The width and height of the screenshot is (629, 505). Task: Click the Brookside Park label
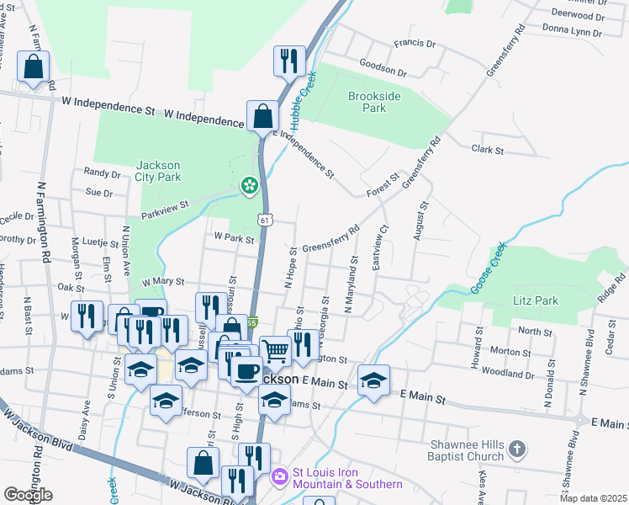coord(367,101)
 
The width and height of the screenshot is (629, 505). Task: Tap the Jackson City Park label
coord(158,171)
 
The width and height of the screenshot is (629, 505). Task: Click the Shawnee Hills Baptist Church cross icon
coord(517,449)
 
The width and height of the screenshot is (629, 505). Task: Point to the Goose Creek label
coord(489,269)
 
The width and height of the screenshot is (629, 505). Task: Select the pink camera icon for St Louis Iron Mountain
coord(280,477)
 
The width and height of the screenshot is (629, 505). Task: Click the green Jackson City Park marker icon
coord(249,185)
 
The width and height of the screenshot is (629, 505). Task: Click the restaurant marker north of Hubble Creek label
coord(288,61)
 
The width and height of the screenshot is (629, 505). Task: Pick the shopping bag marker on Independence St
coord(262,116)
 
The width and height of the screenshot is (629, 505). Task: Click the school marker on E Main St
coord(373,380)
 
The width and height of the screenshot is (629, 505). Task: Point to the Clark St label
coord(487,150)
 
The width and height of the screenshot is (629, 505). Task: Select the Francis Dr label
coord(415,43)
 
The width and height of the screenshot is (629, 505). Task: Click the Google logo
coord(28,494)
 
